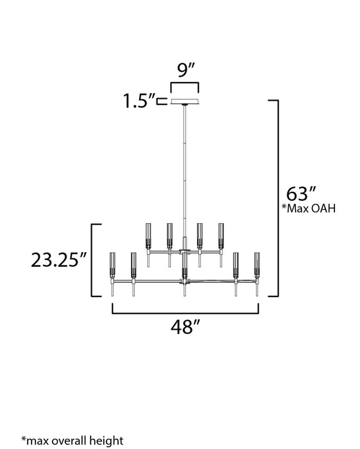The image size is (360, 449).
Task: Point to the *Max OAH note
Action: click(309, 209)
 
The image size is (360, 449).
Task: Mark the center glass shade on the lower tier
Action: click(185, 264)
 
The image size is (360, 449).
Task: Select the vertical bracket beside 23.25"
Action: click(94, 260)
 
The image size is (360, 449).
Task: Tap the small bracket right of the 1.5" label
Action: click(163, 101)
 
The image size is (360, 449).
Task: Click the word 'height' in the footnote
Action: click(107, 440)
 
